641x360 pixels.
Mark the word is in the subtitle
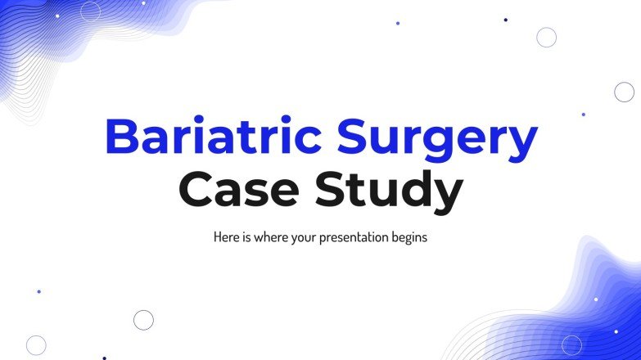pos(246,238)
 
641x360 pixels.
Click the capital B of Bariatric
pos(120,138)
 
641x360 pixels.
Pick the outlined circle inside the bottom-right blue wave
pos(571,344)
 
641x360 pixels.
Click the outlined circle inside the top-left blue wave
pos(90,11)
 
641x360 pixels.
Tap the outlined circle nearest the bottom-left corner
pos(36,344)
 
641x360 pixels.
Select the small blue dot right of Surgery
pos(583,115)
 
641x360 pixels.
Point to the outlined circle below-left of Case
pos(143,319)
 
